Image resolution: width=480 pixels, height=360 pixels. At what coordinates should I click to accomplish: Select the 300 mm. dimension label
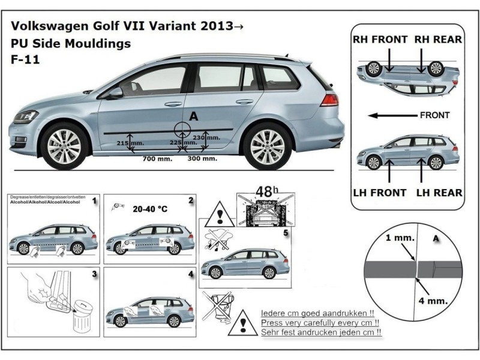tap(202, 159)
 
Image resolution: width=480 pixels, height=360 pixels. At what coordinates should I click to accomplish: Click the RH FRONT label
tap(380, 40)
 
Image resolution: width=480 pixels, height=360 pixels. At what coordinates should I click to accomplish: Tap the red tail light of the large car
tap(329, 99)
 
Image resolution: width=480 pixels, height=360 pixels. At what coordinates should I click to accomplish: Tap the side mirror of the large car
tap(114, 92)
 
